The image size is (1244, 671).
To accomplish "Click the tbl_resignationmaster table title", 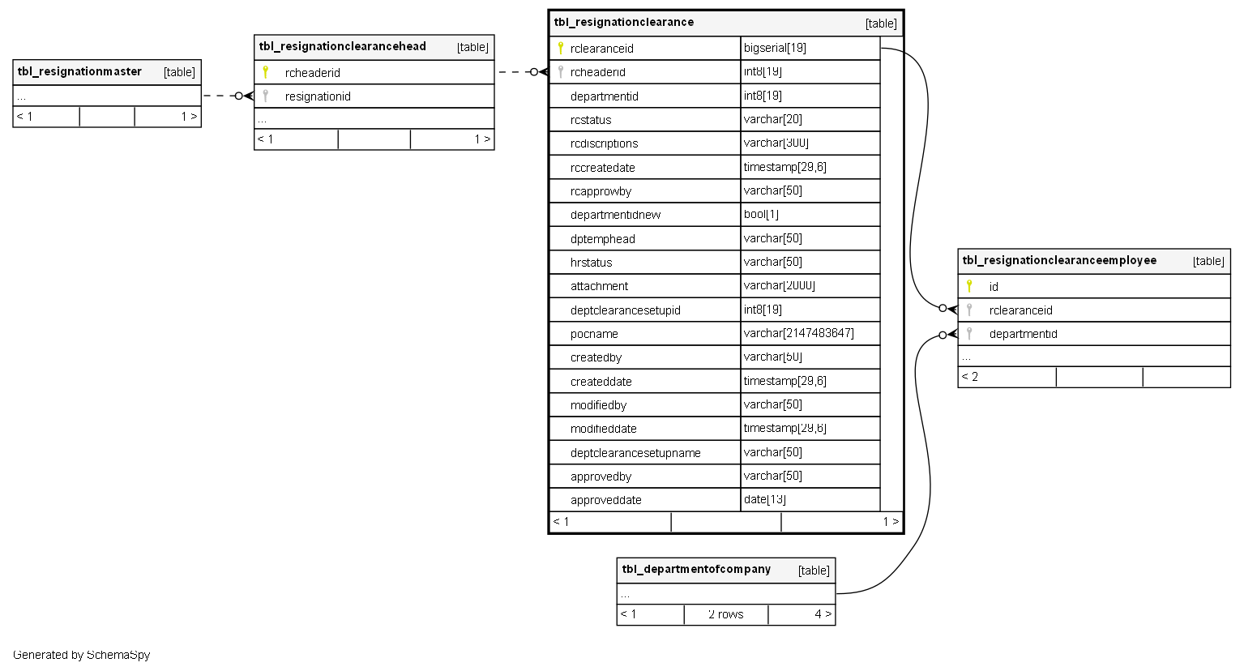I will tap(79, 71).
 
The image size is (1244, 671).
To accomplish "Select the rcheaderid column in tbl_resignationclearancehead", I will tap(313, 73).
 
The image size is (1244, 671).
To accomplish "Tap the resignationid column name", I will tap(318, 96).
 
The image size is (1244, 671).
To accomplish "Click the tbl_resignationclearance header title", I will tap(624, 23).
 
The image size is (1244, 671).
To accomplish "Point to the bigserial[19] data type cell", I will tap(775, 48).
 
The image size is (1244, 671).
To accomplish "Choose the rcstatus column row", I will tap(591, 120).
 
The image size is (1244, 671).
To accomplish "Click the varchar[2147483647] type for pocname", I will tap(798, 333).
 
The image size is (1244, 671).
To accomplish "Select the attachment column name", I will tap(599, 286).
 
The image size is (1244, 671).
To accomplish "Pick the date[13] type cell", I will tap(764, 499).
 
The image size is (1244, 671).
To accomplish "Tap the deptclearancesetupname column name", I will tap(635, 453).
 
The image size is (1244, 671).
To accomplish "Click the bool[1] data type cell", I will tap(761, 214).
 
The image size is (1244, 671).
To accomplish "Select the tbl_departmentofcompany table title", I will tap(696, 570).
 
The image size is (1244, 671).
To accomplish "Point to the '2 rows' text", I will tap(725, 614).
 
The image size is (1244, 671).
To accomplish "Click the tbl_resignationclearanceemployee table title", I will tap(1059, 260).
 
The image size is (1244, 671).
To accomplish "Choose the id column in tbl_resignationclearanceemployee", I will tap(994, 287).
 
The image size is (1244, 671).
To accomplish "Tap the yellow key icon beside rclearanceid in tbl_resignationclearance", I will tap(560, 48).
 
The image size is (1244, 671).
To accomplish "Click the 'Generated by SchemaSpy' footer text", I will tap(81, 655).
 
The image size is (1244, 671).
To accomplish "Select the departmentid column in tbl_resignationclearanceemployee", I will tap(1023, 334).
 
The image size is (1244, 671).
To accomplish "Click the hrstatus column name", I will tap(591, 263).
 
